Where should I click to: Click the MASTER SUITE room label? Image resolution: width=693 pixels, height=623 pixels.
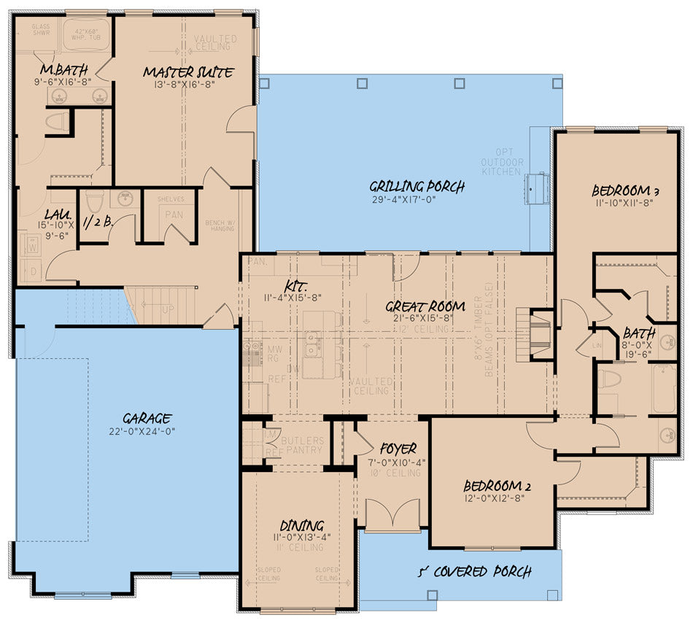click(188, 72)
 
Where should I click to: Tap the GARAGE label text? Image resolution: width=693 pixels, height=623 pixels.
click(147, 418)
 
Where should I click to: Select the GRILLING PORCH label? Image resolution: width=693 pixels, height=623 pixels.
click(417, 187)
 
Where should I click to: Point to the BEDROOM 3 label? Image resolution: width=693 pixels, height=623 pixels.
click(626, 192)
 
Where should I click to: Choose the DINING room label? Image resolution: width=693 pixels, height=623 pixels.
click(301, 525)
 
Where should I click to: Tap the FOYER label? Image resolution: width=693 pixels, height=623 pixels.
click(397, 449)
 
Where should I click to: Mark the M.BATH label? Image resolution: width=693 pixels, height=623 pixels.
click(56, 70)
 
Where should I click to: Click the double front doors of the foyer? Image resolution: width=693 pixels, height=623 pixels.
click(392, 515)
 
